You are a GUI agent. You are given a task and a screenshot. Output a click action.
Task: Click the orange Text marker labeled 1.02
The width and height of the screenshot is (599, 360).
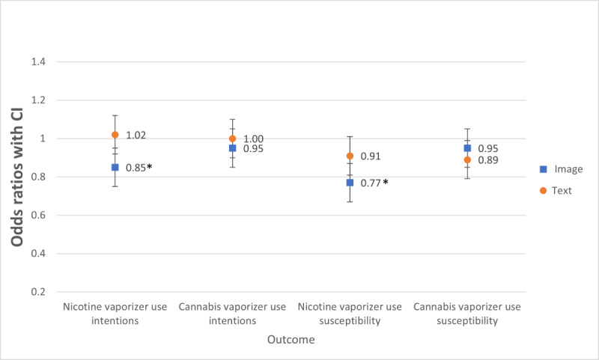pos(115,135)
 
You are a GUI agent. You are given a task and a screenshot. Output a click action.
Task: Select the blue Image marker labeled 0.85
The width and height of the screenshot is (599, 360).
pos(115,167)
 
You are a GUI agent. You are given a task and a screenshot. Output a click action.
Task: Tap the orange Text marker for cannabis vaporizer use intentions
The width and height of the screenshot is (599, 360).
pos(232,138)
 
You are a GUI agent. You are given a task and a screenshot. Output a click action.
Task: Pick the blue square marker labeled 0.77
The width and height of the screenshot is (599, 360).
pos(350,183)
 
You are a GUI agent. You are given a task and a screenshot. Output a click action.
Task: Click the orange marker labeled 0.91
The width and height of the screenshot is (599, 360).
pos(350,156)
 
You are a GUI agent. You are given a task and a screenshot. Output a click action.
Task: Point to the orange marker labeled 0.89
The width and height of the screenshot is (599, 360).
pos(467,159)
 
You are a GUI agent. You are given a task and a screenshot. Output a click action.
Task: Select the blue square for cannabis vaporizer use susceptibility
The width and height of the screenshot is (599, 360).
pos(467,148)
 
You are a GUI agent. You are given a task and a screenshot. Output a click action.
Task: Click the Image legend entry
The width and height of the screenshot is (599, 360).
pos(562,169)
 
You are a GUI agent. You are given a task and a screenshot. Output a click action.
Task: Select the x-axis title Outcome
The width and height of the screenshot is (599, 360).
pos(291,340)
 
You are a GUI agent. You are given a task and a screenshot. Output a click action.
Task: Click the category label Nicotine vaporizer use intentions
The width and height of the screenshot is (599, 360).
pos(115,314)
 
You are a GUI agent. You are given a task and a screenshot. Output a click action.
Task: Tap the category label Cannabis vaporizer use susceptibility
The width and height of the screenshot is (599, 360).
pos(467,314)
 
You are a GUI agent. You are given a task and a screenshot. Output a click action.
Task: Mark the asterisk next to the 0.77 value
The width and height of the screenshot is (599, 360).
pos(386,182)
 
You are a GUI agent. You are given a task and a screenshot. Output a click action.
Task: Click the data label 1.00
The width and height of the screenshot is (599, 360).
pos(252,139)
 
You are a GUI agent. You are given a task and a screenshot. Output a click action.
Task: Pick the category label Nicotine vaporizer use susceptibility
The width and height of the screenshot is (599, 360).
pos(350,314)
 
